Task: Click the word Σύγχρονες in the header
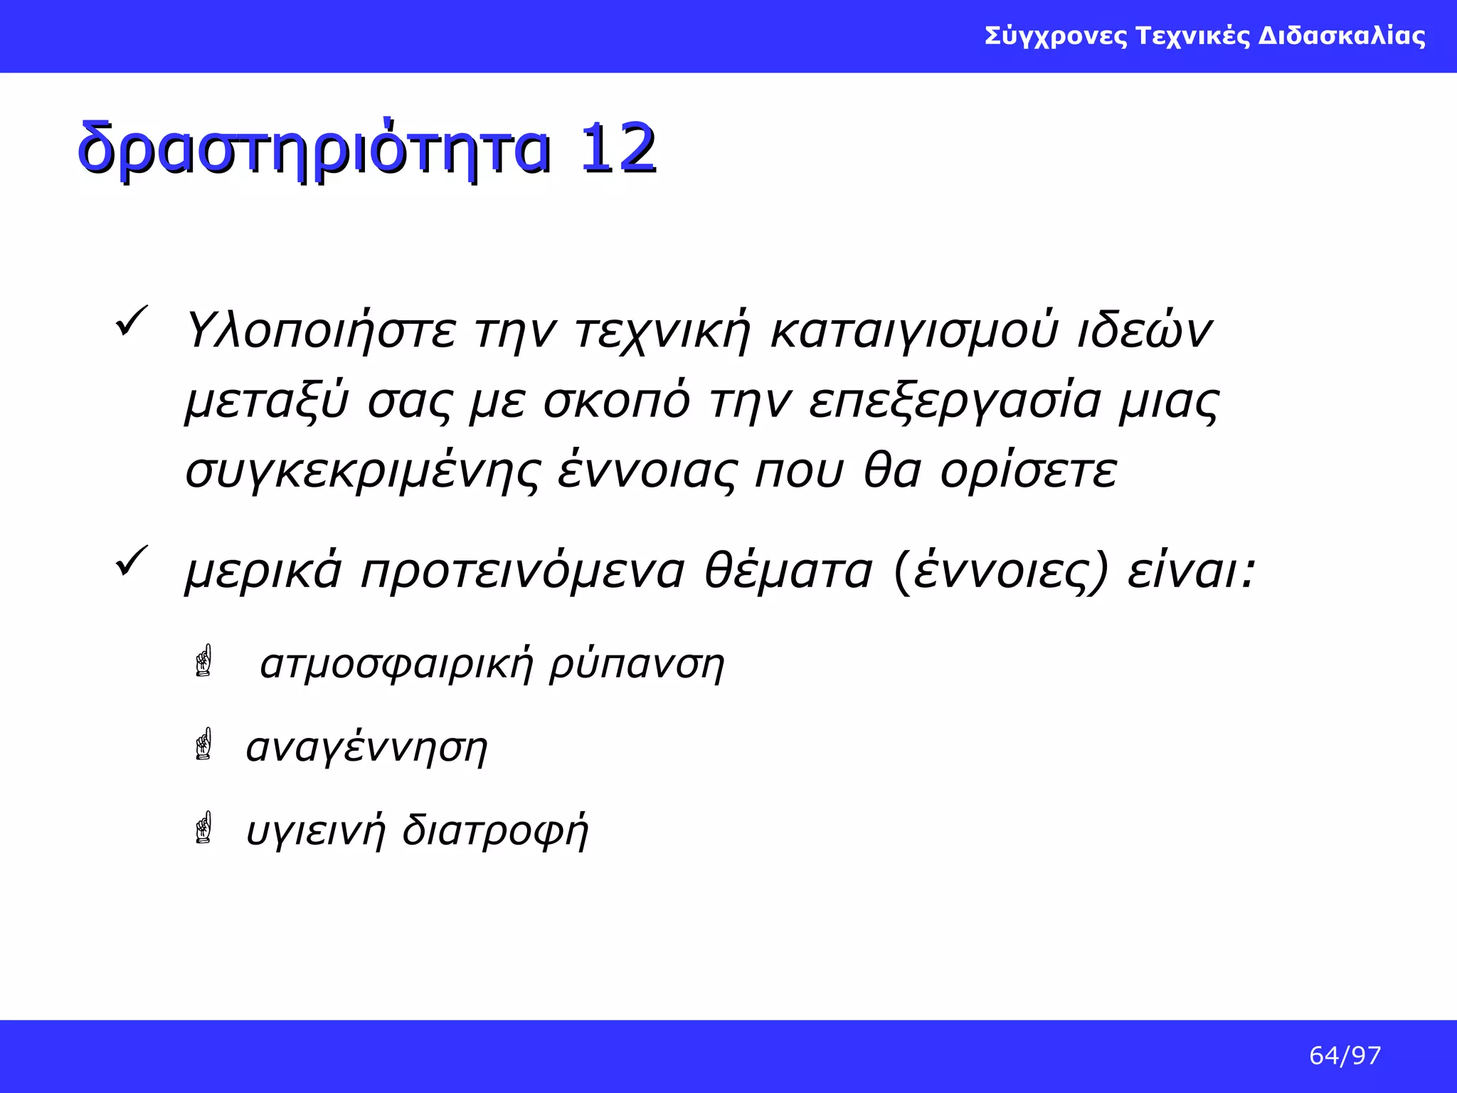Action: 1056,36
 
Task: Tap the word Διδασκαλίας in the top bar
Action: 1342,36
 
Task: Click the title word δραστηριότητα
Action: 314,150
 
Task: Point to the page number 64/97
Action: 1345,1055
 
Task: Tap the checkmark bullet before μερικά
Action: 131,561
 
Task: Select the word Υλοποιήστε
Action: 321,332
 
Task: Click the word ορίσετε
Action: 1029,470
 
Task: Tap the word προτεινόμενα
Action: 523,571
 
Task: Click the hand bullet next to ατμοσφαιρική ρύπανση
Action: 203,661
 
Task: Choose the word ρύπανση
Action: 637,665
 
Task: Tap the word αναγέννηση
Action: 366,748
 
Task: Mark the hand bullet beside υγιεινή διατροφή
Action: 203,828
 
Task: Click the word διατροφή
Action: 495,830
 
